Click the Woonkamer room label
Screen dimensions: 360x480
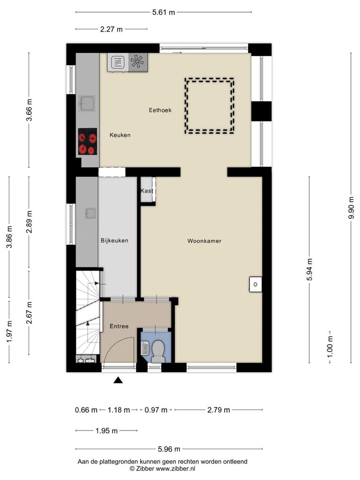point(204,241)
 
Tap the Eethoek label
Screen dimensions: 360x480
point(160,110)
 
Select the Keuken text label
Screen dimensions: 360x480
point(120,135)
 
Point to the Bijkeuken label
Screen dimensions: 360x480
point(114,240)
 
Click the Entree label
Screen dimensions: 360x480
point(119,326)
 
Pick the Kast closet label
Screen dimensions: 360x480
point(147,191)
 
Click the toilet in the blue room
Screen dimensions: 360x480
point(158,351)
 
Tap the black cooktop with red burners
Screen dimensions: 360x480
point(88,142)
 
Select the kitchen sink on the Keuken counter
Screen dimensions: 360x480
point(87,103)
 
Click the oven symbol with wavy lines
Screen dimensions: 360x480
point(118,62)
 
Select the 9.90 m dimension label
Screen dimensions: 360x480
point(351,208)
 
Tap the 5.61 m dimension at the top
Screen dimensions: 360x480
point(164,12)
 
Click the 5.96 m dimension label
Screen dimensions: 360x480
point(169,449)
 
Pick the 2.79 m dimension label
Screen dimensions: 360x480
point(218,410)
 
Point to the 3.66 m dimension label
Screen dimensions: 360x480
point(29,110)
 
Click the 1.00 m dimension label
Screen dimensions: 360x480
point(330,347)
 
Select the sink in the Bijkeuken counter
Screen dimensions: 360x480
point(90,213)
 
